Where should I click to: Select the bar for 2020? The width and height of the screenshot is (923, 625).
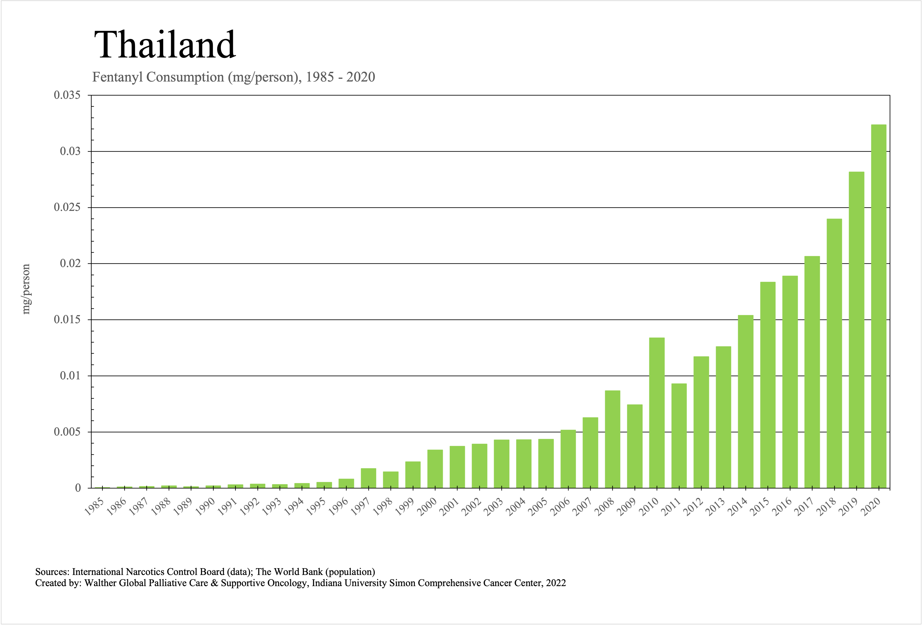pyautogui.click(x=879, y=306)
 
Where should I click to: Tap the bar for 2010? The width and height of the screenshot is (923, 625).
pyautogui.click(x=657, y=413)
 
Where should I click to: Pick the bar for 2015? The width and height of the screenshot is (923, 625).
pyautogui.click(x=768, y=385)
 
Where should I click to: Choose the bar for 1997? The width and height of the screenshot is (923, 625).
pyautogui.click(x=368, y=478)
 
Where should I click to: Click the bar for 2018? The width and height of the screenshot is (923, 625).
pyautogui.click(x=834, y=353)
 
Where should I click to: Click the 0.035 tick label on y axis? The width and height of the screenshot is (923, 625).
pyautogui.click(x=67, y=95)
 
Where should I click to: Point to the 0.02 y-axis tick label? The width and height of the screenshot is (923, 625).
pyautogui.click(x=70, y=264)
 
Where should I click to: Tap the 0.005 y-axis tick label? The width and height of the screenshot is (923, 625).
pyautogui.click(x=67, y=432)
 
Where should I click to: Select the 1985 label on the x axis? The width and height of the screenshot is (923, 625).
pyautogui.click(x=94, y=507)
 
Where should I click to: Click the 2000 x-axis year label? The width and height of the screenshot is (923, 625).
pyautogui.click(x=427, y=507)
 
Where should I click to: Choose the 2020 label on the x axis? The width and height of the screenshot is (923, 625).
pyautogui.click(x=871, y=507)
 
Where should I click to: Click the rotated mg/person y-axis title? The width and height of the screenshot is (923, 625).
pyautogui.click(x=26, y=289)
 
